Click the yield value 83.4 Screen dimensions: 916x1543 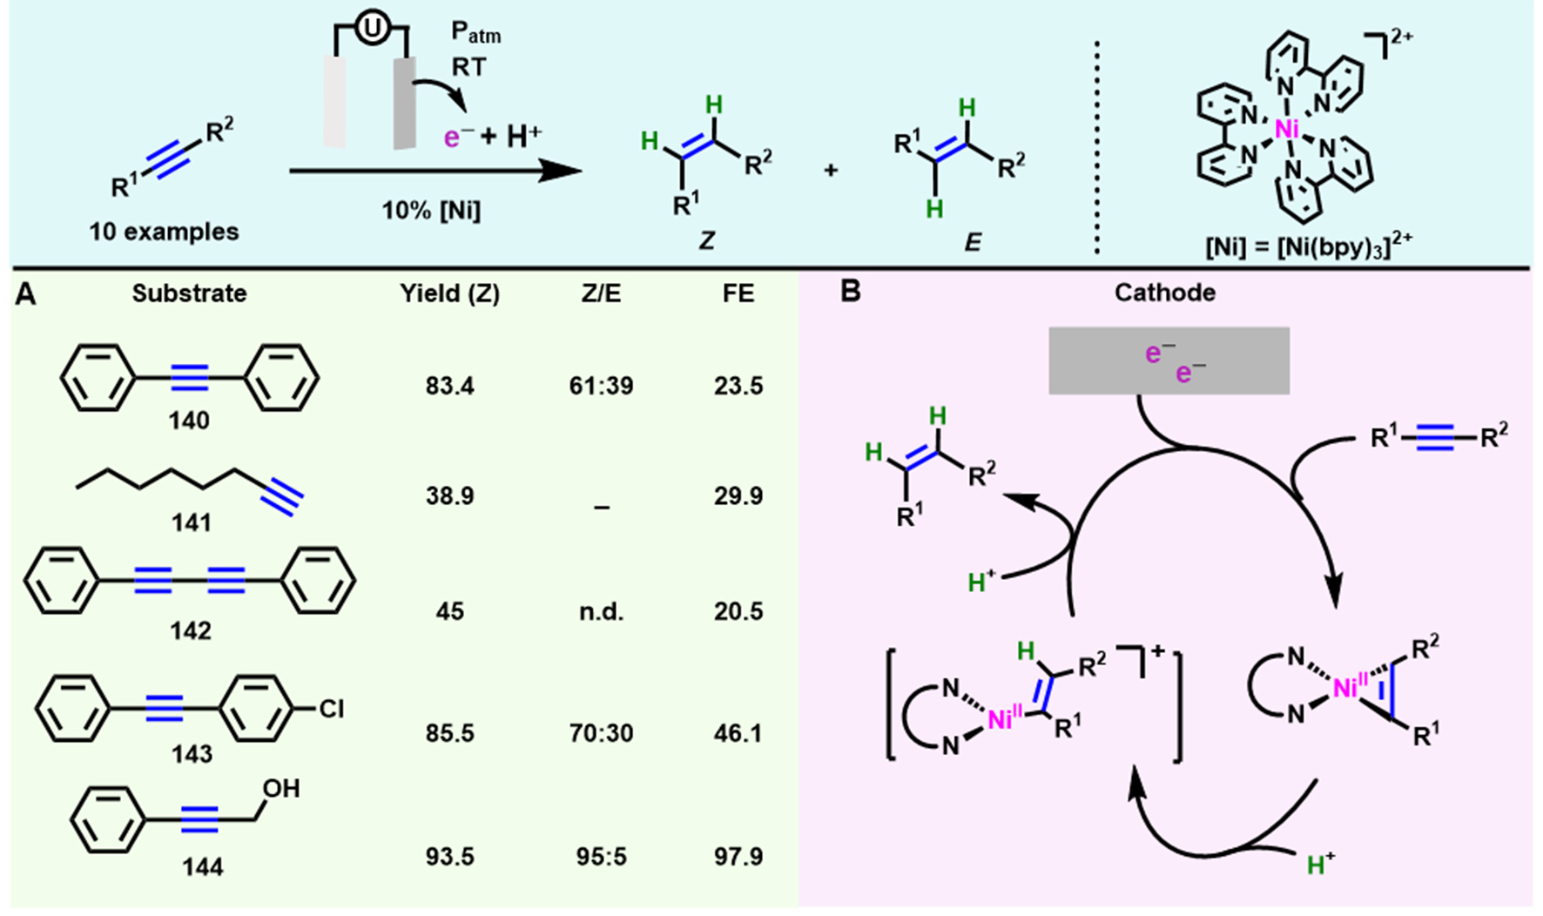[x=450, y=386]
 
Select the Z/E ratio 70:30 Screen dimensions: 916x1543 [x=601, y=733]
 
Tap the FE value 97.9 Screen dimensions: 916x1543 [x=738, y=857]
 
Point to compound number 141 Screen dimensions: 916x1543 [x=191, y=522]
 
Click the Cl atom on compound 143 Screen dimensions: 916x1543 [x=331, y=710]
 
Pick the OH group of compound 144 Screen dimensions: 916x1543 [x=280, y=789]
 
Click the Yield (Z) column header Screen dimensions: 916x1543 [x=450, y=293]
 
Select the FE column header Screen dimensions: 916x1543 [x=738, y=293]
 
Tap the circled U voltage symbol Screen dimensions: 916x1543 [x=372, y=32]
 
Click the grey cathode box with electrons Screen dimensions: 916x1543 [x=1169, y=360]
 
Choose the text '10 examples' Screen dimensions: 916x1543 [x=164, y=232]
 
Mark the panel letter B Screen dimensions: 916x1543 [x=850, y=292]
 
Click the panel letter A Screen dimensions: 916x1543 [x=26, y=295]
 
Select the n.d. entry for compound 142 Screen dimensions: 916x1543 [x=601, y=611]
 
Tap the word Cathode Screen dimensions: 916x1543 [x=1165, y=293]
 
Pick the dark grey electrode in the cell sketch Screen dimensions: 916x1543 [x=404, y=103]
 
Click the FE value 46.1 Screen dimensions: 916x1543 [x=738, y=733]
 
